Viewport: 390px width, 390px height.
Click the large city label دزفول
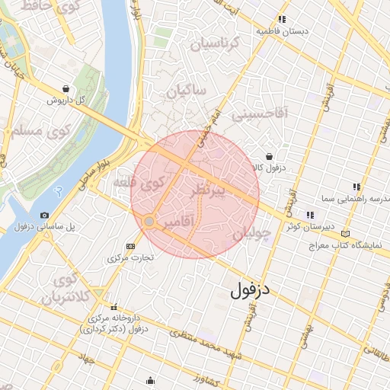pos(251,289)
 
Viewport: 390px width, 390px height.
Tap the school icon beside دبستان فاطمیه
pos(282,20)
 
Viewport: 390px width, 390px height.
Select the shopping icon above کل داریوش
pos(66,88)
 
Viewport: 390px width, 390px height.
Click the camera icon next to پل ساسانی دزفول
pos(44,216)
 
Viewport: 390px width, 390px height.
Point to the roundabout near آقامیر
pos(149,221)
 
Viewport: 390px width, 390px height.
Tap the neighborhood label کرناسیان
pos(225,44)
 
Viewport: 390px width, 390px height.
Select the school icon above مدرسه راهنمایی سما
pos(356,186)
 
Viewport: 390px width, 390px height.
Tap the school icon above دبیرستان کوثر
pos(310,215)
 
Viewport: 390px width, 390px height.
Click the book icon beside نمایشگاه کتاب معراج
pos(347,234)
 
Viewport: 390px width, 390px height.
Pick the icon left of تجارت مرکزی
pos(130,246)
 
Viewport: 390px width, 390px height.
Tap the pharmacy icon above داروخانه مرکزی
pos(114,307)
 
